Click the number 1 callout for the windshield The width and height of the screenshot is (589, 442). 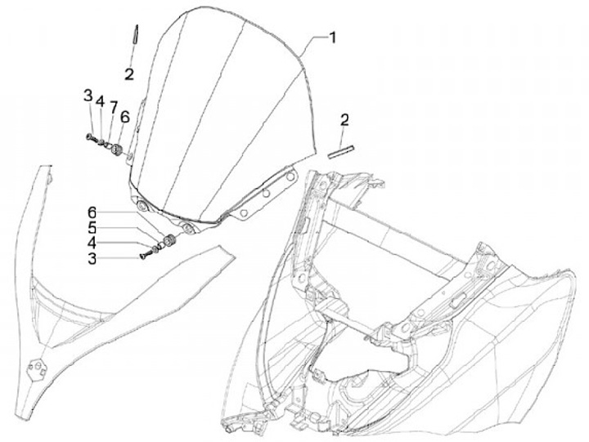tap(332, 37)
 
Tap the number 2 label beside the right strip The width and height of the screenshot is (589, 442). tap(344, 121)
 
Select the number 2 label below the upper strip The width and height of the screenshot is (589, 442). tap(129, 74)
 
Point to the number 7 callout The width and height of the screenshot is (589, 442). tap(114, 107)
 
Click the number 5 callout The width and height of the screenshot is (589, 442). tap(92, 228)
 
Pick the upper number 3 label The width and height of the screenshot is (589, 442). tap(88, 96)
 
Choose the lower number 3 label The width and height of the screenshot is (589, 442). tap(92, 258)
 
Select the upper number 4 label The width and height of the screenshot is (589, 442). tap(100, 102)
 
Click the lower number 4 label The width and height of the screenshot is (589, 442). tap(92, 243)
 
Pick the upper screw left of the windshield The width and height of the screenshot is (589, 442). tap(88, 136)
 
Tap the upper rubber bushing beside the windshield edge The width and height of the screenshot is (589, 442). tap(116, 150)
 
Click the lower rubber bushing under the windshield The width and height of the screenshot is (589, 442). tap(169, 240)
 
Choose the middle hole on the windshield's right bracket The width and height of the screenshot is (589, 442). tap(266, 193)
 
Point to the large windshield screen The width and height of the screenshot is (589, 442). tap(221, 114)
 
